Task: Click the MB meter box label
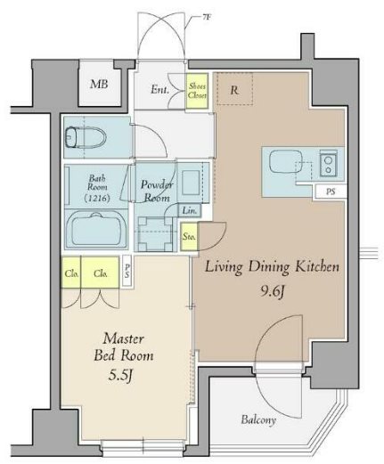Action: pyautogui.click(x=99, y=85)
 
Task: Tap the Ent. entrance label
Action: pyautogui.click(x=159, y=89)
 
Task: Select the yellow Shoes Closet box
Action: pyautogui.click(x=197, y=91)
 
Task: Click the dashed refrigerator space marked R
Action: pyautogui.click(x=234, y=88)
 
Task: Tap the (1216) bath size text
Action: pyautogui.click(x=97, y=198)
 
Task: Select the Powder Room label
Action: pyautogui.click(x=157, y=191)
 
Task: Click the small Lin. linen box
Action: pyautogui.click(x=190, y=210)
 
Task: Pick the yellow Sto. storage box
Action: pyautogui.click(x=189, y=237)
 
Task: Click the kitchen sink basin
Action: pyautogui.click(x=285, y=162)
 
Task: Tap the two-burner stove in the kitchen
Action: pyautogui.click(x=328, y=165)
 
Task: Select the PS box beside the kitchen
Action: pyautogui.click(x=331, y=191)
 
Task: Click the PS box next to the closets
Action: pyautogui.click(x=127, y=271)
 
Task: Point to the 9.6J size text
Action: pyautogui.click(x=273, y=292)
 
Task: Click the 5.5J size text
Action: pyautogui.click(x=120, y=376)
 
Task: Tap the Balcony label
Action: pyautogui.click(x=258, y=419)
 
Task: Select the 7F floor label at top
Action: pyautogui.click(x=207, y=17)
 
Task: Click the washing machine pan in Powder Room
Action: pyautogui.click(x=155, y=234)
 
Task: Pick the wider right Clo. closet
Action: pyautogui.click(x=100, y=273)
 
